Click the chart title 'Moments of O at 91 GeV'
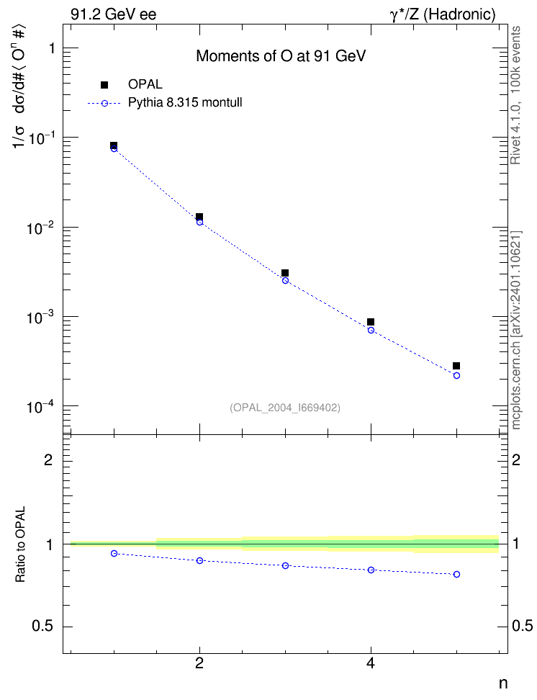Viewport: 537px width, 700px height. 281,56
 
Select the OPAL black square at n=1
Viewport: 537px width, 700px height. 114,145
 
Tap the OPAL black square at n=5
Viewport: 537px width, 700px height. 456,366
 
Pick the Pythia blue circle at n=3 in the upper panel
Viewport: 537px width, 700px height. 285,281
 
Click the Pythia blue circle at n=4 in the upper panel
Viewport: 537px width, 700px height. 371,331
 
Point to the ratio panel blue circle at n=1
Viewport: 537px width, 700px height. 114,554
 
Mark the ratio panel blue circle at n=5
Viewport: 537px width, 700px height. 456,575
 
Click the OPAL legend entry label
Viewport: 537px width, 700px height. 145,84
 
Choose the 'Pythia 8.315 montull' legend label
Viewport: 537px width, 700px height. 185,103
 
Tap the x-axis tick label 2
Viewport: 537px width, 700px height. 199,663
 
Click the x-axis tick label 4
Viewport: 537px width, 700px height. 371,663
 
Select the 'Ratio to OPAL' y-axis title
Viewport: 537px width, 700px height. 20,544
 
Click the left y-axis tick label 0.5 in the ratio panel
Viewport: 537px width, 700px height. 42,627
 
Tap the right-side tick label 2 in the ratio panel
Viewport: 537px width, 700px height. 516,460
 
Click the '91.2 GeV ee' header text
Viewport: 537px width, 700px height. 114,14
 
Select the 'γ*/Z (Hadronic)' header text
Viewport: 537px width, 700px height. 443,15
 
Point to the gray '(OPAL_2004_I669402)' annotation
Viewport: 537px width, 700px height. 285,408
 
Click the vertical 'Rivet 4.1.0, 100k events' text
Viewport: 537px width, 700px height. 515,95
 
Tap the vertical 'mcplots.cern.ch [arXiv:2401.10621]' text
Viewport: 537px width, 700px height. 516,330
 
